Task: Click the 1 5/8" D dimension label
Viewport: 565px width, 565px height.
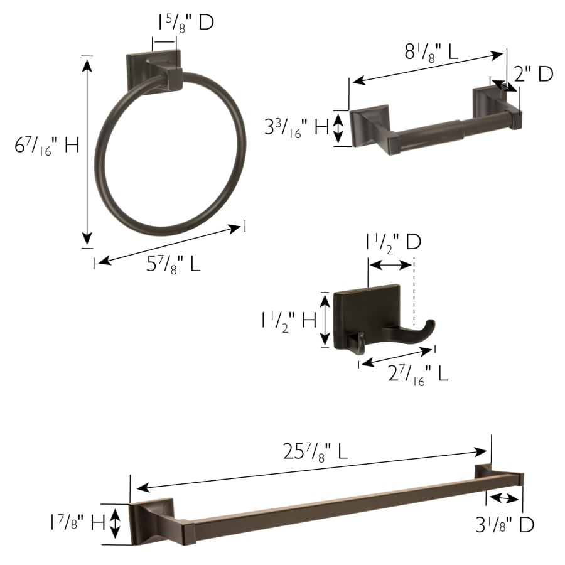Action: coord(186,23)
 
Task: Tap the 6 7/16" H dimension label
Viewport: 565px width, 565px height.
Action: coord(47,145)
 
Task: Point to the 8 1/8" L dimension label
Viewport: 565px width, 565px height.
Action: coord(431,52)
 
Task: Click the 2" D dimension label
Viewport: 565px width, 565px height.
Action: coord(534,74)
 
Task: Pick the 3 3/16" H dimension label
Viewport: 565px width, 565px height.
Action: coord(296,127)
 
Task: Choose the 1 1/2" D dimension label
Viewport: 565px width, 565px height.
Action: coord(394,242)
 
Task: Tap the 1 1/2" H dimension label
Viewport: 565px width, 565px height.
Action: coord(289,320)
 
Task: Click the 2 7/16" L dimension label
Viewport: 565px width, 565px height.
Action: coord(418,374)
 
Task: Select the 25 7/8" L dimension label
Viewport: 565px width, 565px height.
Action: coord(315,451)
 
